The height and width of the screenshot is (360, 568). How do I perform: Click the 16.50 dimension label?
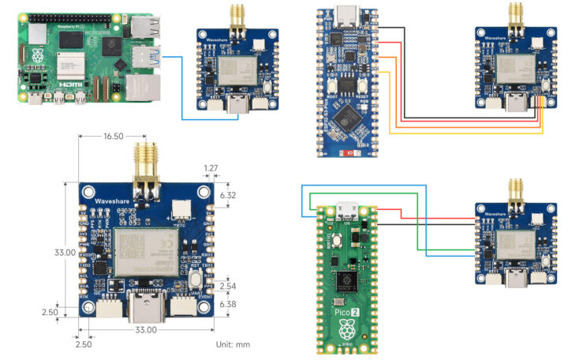113,137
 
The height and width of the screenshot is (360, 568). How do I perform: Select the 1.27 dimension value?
211,168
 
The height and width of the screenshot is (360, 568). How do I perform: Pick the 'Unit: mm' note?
233,345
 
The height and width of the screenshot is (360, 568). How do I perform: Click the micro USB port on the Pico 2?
344,209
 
